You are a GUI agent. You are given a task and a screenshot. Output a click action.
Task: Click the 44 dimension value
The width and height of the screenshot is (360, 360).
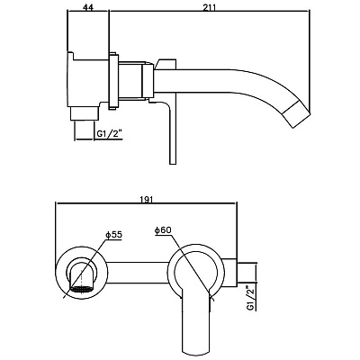pyautogui.click(x=88, y=8)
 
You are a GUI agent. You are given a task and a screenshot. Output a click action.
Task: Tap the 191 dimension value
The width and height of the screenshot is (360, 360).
pyautogui.click(x=147, y=200)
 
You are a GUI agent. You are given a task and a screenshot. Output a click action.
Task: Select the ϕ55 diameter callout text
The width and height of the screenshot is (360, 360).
pyautogui.click(x=113, y=235)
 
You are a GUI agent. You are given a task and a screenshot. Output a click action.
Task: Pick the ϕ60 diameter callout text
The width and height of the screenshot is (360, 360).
pyautogui.click(x=163, y=230)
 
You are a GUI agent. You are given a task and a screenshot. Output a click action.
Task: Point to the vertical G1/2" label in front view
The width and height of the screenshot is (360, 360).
pyautogui.click(x=251, y=299)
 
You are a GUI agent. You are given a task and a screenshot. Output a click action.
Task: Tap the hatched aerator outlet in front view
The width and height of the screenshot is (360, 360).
pyautogui.click(x=81, y=289)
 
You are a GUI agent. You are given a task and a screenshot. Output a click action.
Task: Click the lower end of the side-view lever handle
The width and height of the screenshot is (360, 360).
pyautogui.click(x=172, y=164)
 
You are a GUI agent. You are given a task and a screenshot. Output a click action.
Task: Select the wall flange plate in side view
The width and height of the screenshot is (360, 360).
pyautogui.click(x=113, y=82)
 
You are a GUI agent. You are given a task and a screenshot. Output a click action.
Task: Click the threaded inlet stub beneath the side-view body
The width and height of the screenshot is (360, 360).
pyautogui.click(x=85, y=114)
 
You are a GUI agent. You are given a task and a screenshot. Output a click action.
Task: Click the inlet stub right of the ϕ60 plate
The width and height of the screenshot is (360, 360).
pyautogui.click(x=247, y=273)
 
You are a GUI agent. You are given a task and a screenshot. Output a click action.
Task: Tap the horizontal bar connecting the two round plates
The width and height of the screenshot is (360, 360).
pyautogui.click(x=137, y=273)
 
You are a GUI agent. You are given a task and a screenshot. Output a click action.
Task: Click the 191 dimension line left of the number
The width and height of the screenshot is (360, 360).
pyautogui.click(x=98, y=204)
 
